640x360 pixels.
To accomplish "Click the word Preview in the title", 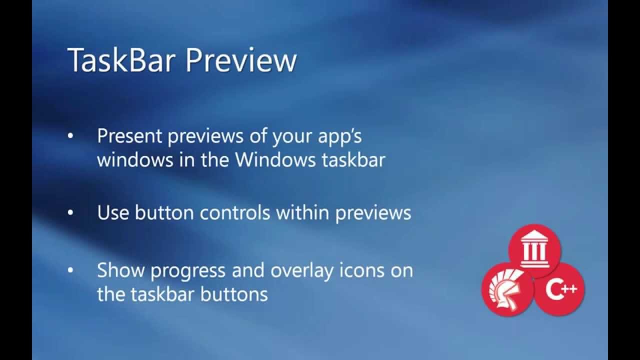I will [241, 60].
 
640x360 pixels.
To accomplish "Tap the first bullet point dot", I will [70, 136].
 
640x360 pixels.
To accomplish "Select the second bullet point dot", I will [70, 213].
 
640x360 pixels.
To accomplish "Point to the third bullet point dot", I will [70, 270].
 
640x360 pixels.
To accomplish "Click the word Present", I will [129, 136].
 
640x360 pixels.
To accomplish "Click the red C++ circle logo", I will [559, 289].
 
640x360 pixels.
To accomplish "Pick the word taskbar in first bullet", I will [353, 160].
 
